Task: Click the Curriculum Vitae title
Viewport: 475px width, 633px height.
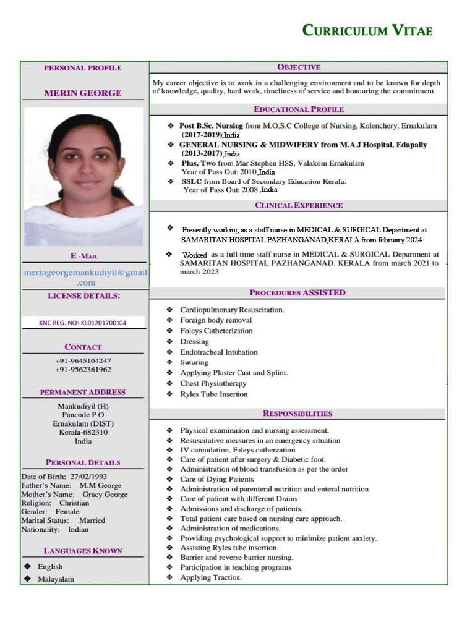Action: click(x=367, y=30)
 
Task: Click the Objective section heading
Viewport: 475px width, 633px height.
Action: click(x=298, y=67)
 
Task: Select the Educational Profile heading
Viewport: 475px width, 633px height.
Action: click(x=298, y=109)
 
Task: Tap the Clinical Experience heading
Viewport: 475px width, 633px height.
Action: click(x=298, y=205)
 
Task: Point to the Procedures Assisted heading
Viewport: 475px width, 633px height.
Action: click(x=297, y=292)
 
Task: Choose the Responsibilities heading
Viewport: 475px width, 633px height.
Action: click(x=297, y=413)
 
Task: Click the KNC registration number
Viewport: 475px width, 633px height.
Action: click(x=83, y=322)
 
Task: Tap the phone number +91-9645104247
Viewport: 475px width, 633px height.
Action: click(x=83, y=360)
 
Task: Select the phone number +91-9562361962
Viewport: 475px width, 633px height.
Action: click(x=83, y=369)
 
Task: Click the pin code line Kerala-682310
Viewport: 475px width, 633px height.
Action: click(x=83, y=432)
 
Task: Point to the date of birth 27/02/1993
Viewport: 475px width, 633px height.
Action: click(x=88, y=477)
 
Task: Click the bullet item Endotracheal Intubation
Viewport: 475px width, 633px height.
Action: click(x=219, y=352)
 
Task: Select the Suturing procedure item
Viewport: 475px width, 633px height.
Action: click(x=194, y=362)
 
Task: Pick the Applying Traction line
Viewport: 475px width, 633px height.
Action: click(x=210, y=577)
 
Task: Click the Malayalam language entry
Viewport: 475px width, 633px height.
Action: click(x=56, y=579)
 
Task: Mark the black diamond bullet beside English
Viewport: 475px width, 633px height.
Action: click(x=27, y=566)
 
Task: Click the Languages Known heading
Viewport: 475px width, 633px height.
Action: click(x=83, y=550)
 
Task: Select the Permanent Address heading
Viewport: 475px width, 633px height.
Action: click(x=83, y=392)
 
